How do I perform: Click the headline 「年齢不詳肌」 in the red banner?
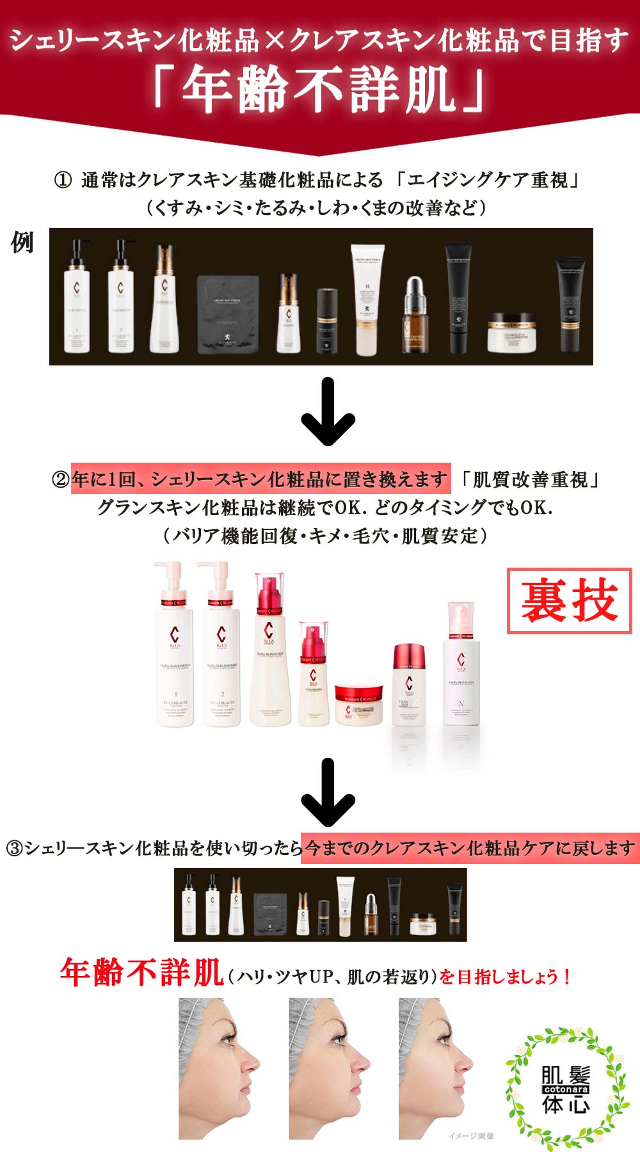(x=319, y=90)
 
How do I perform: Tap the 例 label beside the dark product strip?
(x=22, y=243)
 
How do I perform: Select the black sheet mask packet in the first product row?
(x=227, y=314)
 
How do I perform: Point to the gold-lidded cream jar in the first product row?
(x=511, y=332)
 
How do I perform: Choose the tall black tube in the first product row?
(x=458, y=298)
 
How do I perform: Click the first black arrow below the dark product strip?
(x=328, y=412)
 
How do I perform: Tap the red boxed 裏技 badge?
(x=569, y=600)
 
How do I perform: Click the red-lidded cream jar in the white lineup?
(x=358, y=704)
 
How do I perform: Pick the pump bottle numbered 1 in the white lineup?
(x=174, y=646)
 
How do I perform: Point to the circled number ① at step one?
(x=62, y=180)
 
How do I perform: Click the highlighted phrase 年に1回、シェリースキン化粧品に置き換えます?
(x=260, y=479)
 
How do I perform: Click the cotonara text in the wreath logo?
(x=566, y=1089)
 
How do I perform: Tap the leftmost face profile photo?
(x=220, y=1069)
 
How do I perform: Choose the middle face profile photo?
(x=330, y=1069)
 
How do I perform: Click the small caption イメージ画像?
(x=471, y=1136)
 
